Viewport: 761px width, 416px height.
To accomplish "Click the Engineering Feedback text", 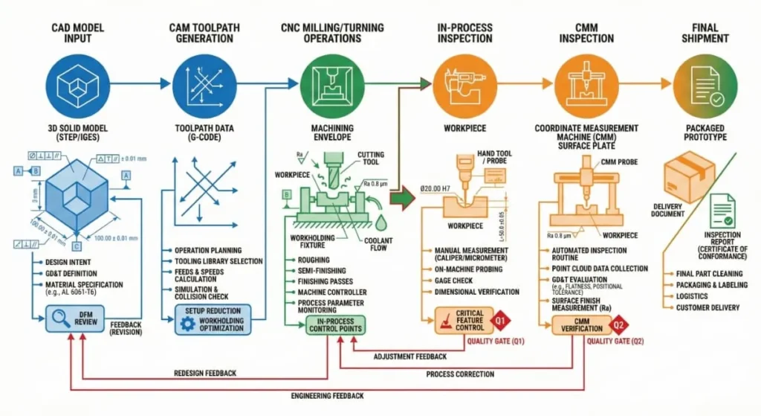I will (x=327, y=395).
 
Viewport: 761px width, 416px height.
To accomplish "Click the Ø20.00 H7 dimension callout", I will (x=438, y=189).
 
